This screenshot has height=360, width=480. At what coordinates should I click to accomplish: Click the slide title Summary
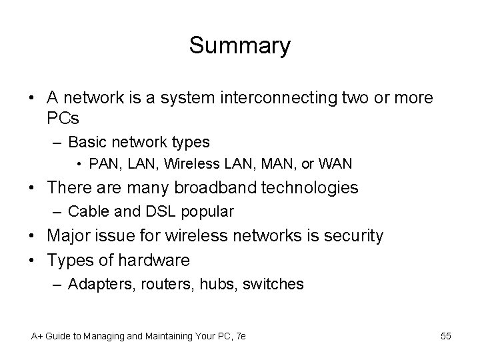[x=240, y=46]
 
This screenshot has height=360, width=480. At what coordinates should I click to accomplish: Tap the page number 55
[x=445, y=336]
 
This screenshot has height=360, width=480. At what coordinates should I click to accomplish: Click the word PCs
[x=63, y=119]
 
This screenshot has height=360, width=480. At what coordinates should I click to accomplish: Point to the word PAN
[x=102, y=163]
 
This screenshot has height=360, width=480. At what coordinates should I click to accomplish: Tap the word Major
[x=70, y=236]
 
